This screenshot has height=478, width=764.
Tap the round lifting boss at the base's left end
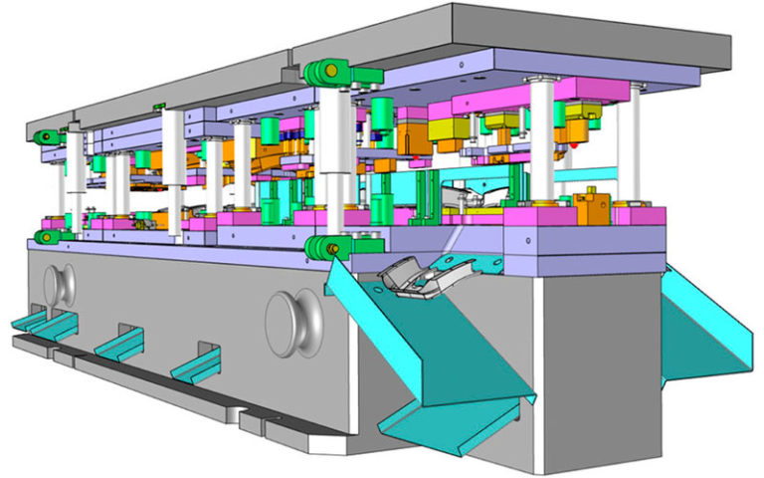(61, 285)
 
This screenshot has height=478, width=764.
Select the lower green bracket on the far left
(45, 236)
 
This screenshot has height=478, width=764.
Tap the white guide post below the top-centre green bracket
(334, 159)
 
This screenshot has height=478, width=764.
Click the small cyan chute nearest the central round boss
(199, 364)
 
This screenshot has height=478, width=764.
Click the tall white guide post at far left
(74, 179)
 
